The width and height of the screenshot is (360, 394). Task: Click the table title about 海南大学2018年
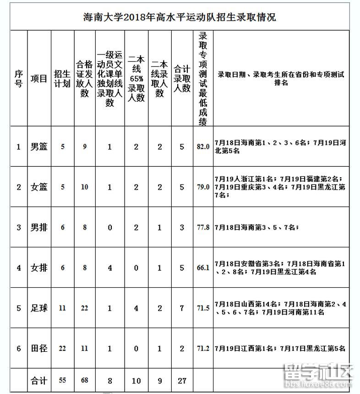pos(180,18)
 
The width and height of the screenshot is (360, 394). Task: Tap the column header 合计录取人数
pos(182,78)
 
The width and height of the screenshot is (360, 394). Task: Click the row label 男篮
pos(39,147)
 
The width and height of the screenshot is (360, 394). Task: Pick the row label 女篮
pos(39,187)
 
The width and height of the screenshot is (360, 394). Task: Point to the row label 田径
pos(39,349)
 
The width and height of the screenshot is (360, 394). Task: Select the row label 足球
pos(39,308)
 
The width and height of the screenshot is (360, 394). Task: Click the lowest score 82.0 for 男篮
pos(203,147)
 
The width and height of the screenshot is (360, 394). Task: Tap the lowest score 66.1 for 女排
pos(203,268)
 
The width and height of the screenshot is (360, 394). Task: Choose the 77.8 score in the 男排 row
pos(203,228)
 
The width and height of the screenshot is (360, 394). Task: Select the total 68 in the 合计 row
pos(84,380)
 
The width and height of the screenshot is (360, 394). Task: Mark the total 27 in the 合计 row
pos(182,380)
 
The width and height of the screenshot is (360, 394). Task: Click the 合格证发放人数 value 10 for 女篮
pos(84,187)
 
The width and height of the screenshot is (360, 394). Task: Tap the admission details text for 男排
pos(256,228)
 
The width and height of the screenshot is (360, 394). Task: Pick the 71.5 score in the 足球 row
pos(203,308)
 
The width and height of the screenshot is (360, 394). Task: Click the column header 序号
pos(18,78)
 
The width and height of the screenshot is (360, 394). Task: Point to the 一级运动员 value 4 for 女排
pos(110,268)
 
